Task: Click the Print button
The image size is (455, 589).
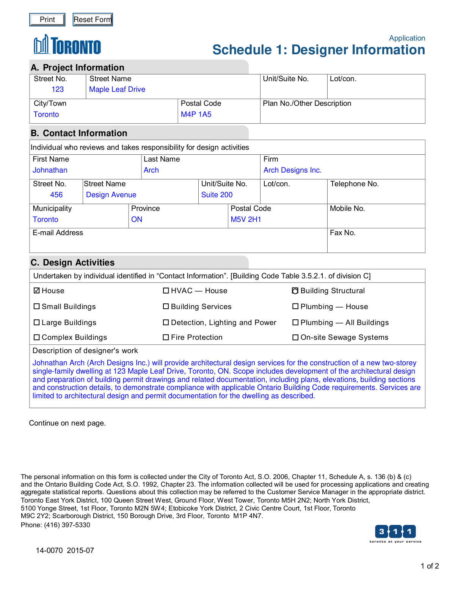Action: (47, 20)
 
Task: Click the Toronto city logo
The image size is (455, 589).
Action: (67, 46)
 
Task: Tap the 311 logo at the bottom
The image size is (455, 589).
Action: (395, 533)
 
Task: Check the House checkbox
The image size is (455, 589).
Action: (37, 291)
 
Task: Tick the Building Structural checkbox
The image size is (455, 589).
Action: (295, 291)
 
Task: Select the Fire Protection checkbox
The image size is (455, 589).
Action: (166, 337)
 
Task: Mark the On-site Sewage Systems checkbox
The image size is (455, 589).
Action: (295, 337)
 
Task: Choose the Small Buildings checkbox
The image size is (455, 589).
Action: (37, 306)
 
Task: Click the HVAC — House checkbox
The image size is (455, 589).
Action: (166, 291)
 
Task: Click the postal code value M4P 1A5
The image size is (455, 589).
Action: (196, 115)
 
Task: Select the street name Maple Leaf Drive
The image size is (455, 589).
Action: (117, 90)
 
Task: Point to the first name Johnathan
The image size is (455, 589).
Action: (50, 170)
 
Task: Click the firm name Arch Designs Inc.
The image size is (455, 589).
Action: (292, 170)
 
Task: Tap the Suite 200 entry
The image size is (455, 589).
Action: (217, 195)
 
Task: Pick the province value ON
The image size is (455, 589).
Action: (136, 220)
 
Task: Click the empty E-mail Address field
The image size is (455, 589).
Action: (178, 243)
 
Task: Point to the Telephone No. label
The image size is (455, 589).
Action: (354, 184)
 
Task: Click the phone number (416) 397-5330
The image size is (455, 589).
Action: (67, 525)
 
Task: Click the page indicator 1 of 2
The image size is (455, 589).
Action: (430, 566)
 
